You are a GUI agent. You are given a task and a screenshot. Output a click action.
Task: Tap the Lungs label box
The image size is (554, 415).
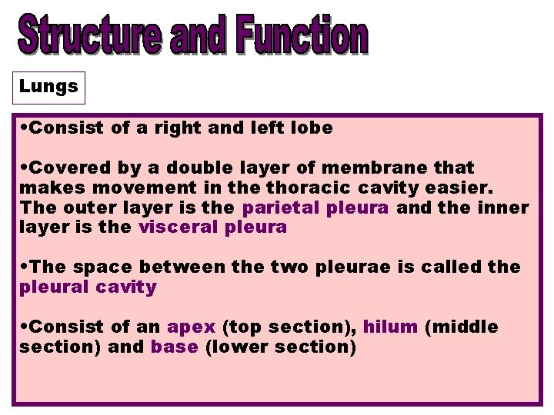click(x=48, y=87)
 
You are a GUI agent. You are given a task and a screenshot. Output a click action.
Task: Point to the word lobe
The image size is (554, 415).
click(x=312, y=128)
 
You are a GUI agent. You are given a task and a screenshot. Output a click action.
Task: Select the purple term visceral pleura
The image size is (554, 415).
click(x=212, y=227)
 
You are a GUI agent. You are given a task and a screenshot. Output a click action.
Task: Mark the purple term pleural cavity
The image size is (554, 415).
click(x=88, y=287)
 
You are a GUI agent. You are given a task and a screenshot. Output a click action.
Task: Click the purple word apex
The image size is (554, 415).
click(x=191, y=327)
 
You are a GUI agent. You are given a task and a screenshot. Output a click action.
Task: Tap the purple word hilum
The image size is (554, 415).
click(x=390, y=327)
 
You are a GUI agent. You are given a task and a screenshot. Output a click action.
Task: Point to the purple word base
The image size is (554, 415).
click(x=174, y=347)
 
